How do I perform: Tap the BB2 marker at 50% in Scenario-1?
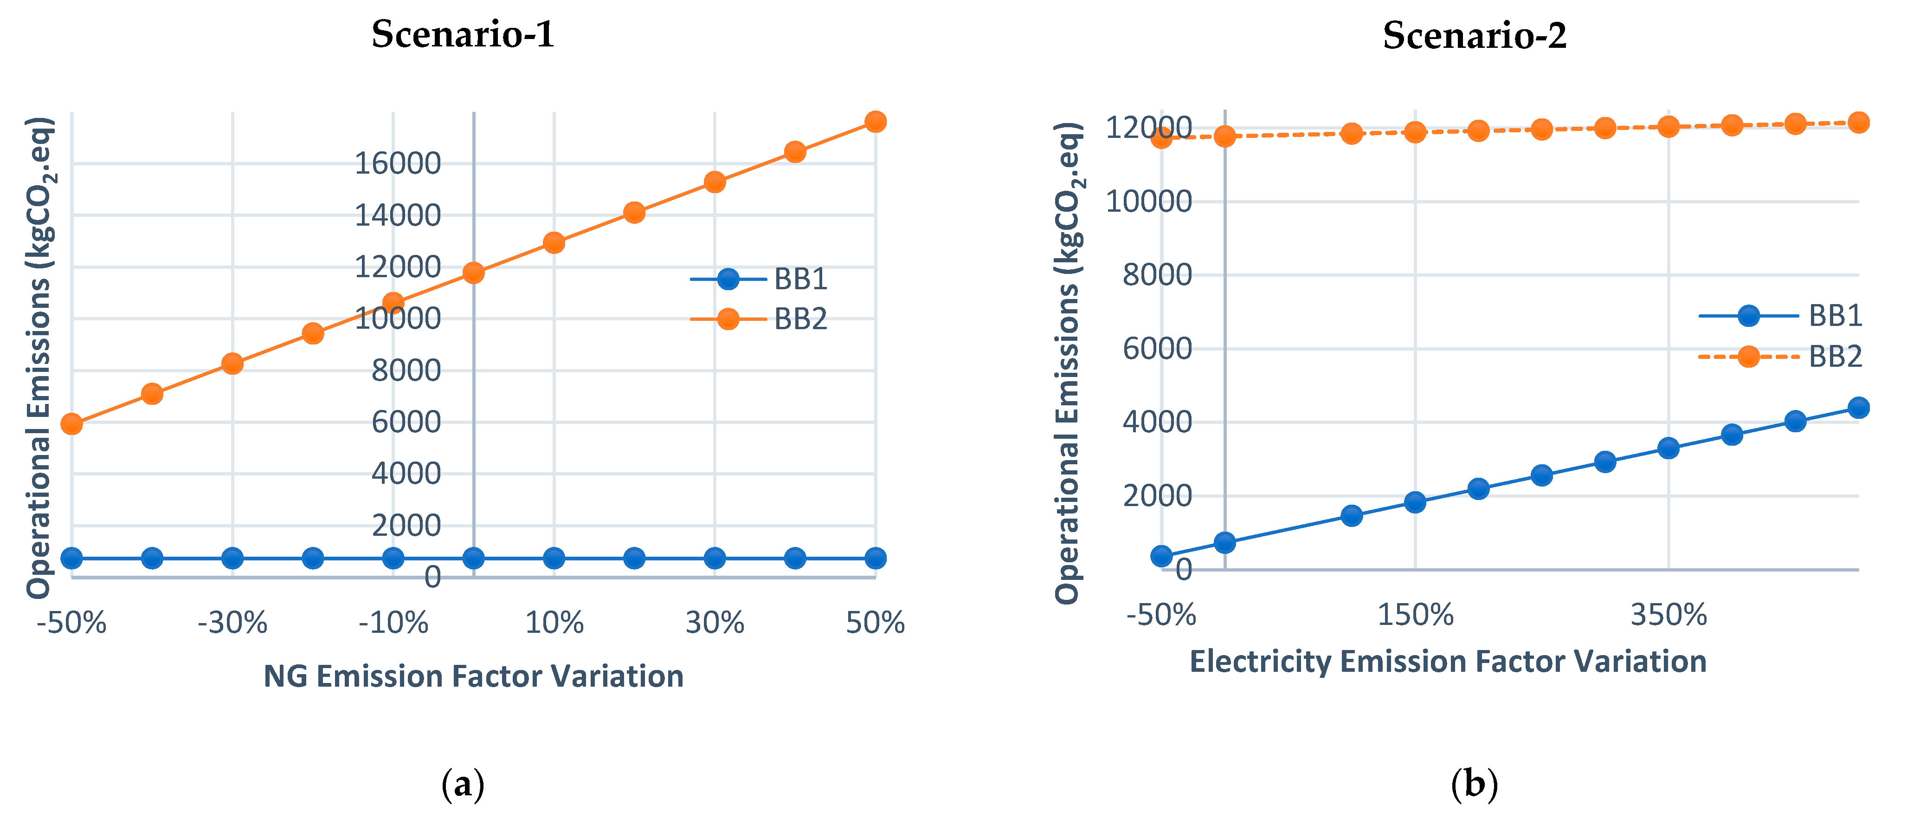(x=875, y=122)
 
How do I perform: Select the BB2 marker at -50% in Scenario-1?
(x=72, y=423)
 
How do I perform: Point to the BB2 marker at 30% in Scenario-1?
(x=715, y=182)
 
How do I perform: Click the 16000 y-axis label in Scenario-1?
(x=398, y=163)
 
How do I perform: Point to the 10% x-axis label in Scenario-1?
(x=554, y=623)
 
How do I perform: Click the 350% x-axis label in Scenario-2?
(x=1668, y=615)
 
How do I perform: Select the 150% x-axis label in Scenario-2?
(x=1415, y=615)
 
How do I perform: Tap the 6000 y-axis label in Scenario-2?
(x=1157, y=349)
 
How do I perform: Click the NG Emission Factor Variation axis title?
(x=473, y=676)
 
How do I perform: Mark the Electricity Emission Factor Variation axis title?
(x=1447, y=661)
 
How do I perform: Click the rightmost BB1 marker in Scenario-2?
(x=1858, y=407)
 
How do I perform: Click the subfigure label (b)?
(x=1474, y=783)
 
